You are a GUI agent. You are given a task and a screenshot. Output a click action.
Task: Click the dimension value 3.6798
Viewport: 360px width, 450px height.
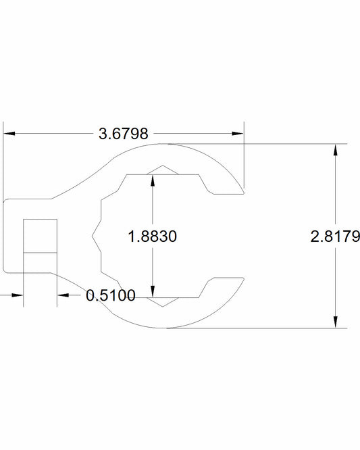124,134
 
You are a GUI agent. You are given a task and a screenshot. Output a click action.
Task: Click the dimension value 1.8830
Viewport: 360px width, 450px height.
153,236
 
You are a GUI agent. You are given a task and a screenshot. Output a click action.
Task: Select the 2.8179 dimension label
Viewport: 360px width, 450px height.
335,236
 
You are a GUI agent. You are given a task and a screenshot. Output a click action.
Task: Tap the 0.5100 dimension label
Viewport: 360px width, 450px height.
111,295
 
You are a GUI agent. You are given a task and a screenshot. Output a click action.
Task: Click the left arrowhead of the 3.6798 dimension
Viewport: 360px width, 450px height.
9,134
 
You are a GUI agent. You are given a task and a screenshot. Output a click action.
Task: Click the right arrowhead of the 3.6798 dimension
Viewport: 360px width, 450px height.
238,134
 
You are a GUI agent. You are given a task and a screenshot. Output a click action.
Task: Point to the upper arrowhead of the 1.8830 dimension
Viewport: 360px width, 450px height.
153,180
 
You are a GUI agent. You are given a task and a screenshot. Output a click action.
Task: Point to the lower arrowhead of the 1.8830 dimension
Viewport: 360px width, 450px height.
153,292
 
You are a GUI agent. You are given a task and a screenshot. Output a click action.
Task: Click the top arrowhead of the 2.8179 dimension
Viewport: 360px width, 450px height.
335,150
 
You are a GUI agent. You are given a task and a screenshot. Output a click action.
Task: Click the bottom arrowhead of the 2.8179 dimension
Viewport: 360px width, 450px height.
335,322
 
